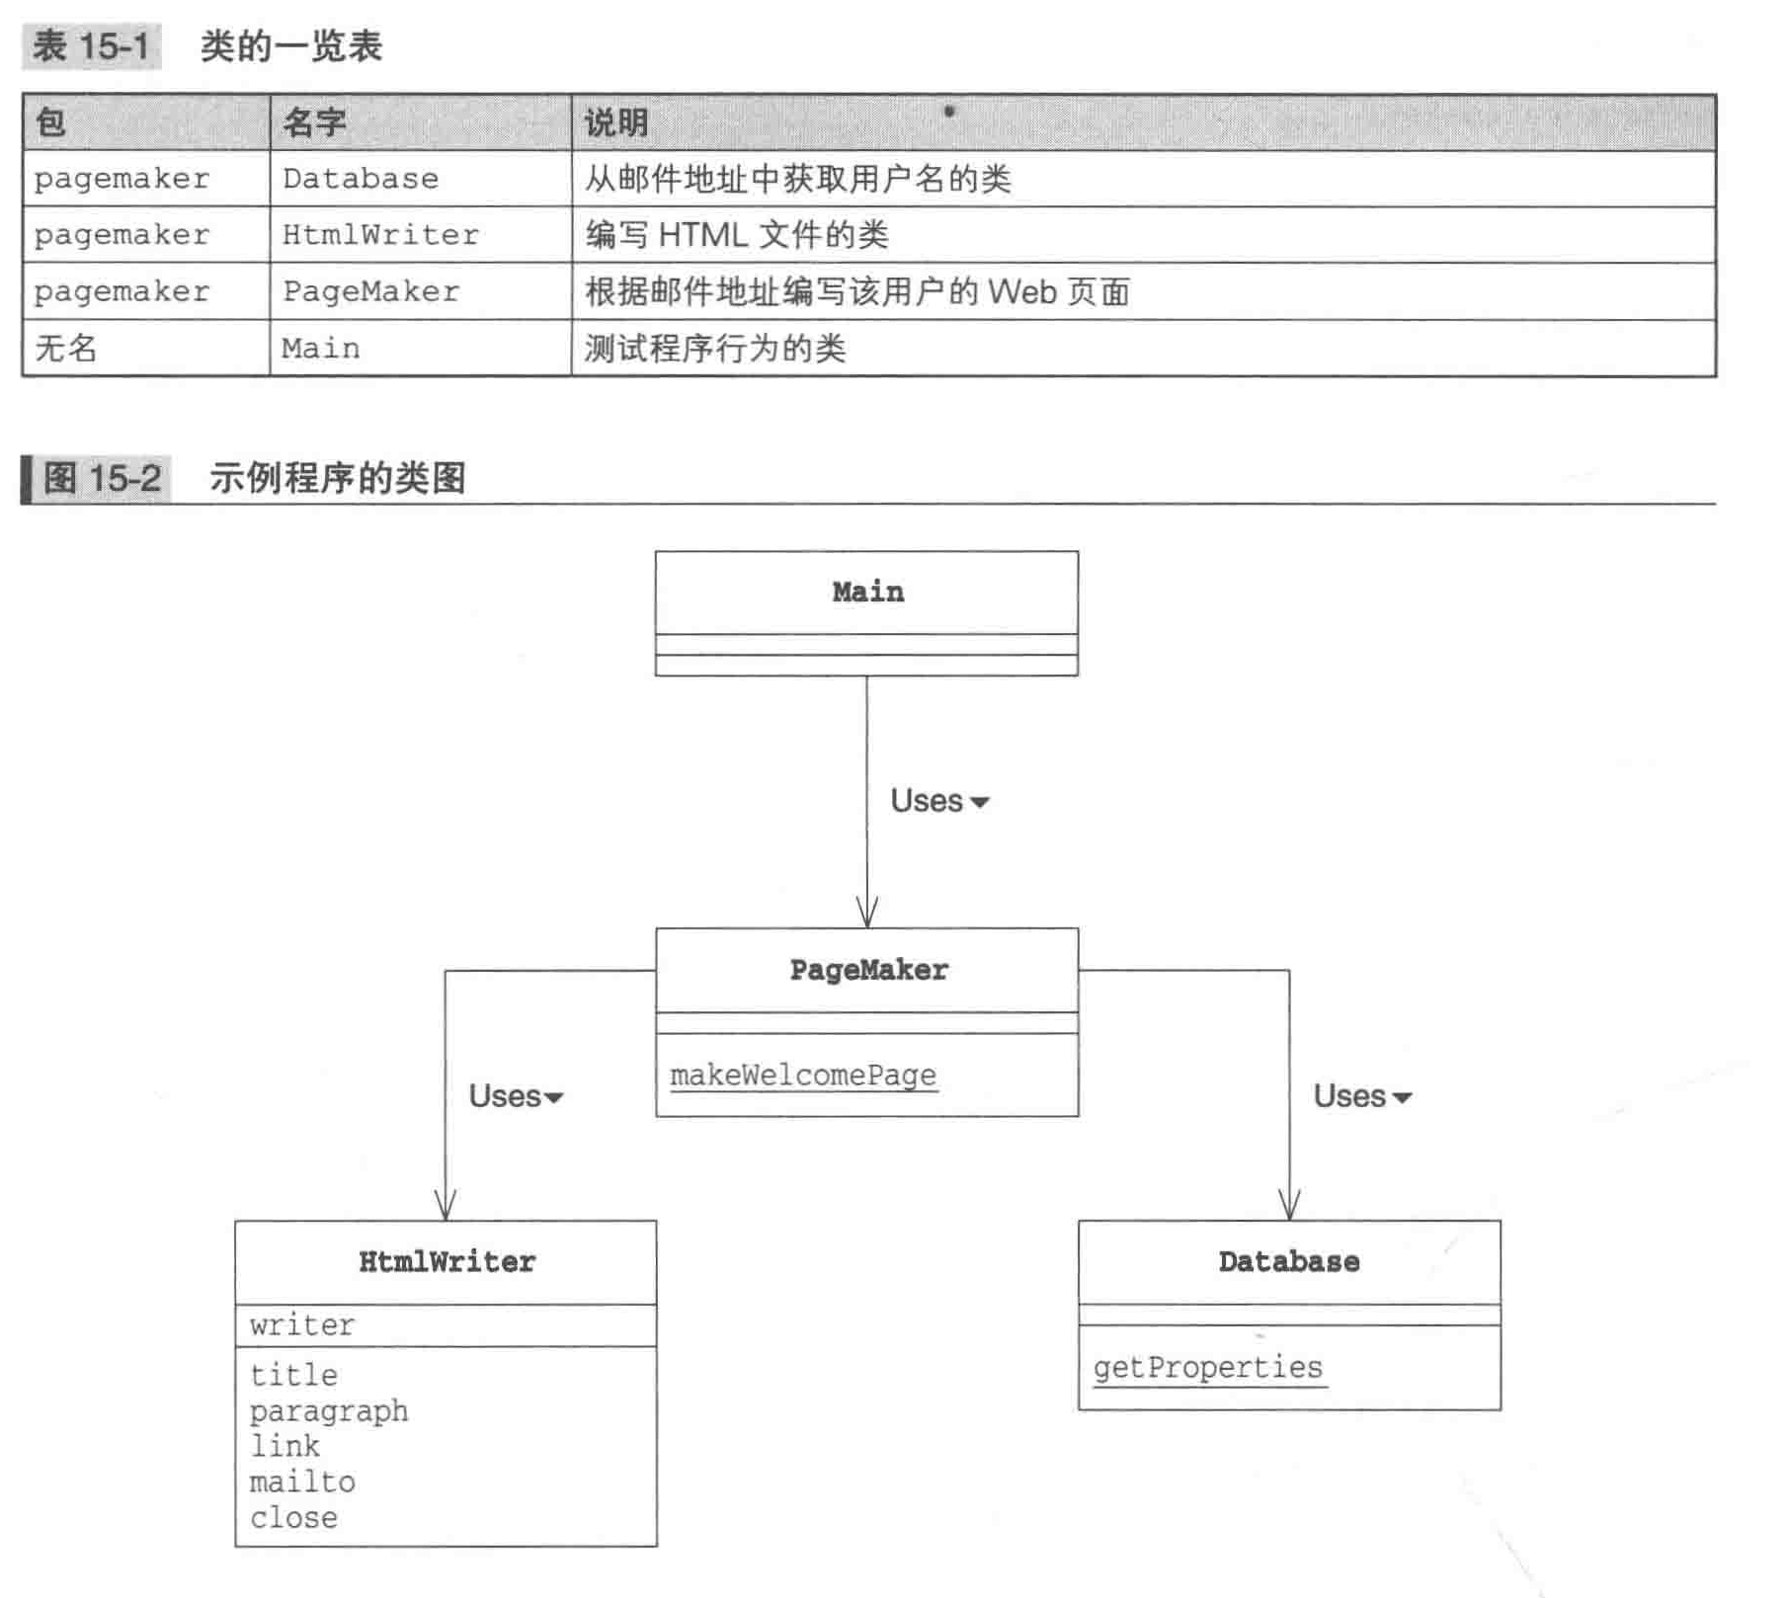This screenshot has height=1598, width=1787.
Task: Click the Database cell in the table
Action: [x=361, y=179]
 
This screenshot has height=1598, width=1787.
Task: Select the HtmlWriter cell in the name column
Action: [x=380, y=235]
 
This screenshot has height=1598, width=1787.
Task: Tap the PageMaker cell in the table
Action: [x=370, y=291]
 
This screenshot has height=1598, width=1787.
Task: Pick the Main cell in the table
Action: [x=321, y=348]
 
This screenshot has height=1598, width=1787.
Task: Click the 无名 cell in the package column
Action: [x=66, y=348]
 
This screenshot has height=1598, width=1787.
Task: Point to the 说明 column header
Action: [x=616, y=122]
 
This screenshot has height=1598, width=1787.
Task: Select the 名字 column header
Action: [x=314, y=122]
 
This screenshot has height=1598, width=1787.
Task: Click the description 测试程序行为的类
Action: [x=715, y=348]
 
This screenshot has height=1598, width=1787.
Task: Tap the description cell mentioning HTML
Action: [x=737, y=235]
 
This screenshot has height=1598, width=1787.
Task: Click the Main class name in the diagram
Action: [x=867, y=592]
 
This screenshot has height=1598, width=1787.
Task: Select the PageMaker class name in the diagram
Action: [x=868, y=970]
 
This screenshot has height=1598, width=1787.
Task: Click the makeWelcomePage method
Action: [x=802, y=1075]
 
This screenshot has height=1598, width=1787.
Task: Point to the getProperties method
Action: [x=1207, y=1367]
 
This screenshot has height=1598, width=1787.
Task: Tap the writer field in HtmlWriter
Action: [x=301, y=1324]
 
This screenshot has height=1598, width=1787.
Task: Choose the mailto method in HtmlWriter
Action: [x=302, y=1481]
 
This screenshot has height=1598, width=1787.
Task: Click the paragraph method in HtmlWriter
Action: [x=328, y=1410]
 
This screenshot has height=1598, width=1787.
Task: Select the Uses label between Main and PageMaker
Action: [x=928, y=800]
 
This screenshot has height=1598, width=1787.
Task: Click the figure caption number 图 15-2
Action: [x=102, y=479]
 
